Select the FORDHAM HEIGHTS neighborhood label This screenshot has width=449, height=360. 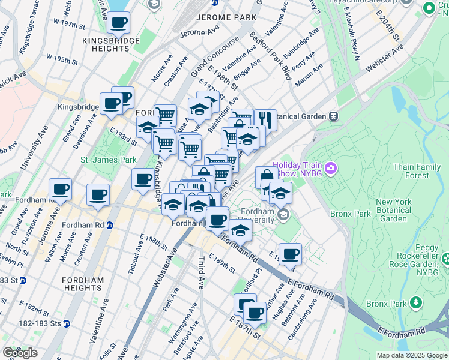(82, 284)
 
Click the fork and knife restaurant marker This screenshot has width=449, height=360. (265, 119)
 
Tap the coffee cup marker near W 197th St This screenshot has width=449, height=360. (118, 23)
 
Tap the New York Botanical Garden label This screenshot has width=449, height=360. (393, 210)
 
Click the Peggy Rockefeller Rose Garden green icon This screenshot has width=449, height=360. (445, 260)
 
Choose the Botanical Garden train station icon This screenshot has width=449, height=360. (333, 116)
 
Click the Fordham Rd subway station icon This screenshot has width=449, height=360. (109, 226)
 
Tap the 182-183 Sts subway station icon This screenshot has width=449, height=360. (67, 323)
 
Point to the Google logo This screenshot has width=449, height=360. (20, 353)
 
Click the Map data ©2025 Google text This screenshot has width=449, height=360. (411, 355)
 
